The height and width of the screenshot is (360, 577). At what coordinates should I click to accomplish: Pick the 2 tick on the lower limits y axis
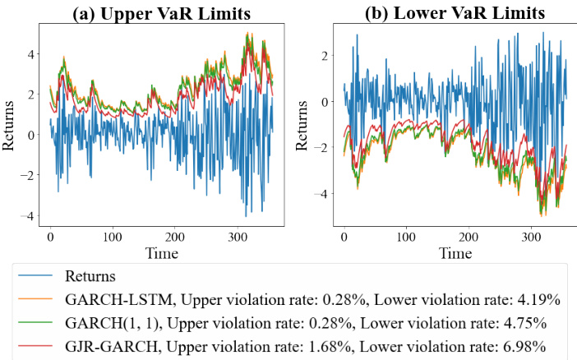click(x=326, y=56)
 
